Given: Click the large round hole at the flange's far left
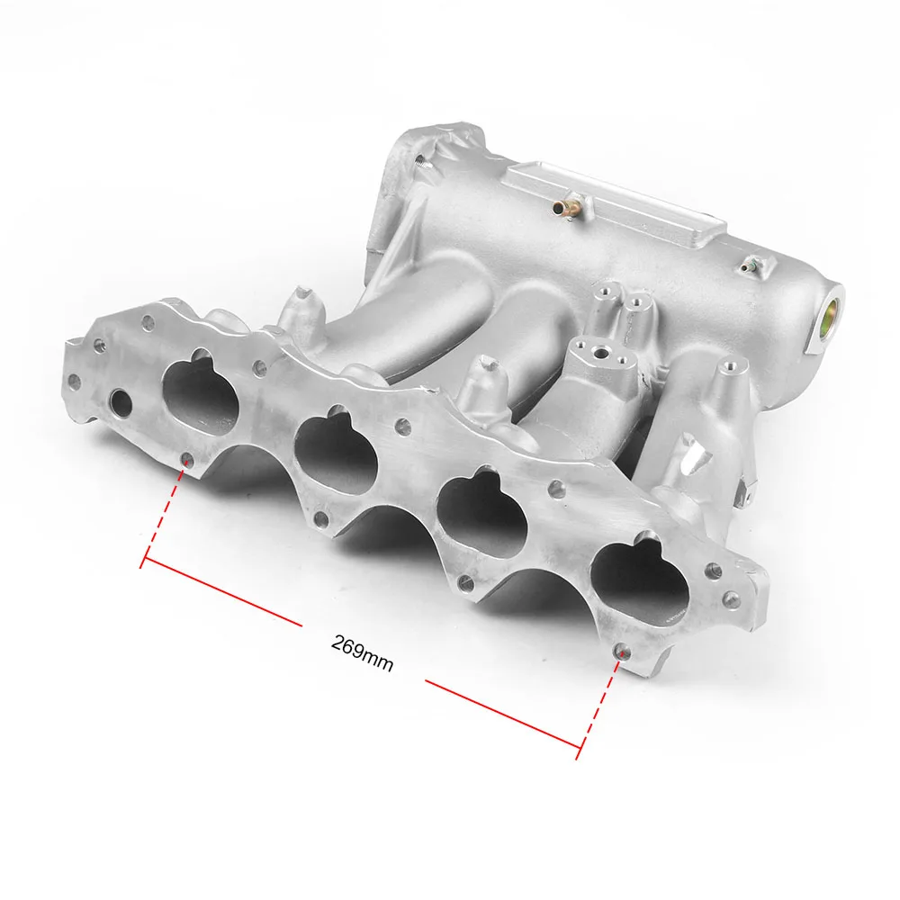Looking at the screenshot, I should (119, 399).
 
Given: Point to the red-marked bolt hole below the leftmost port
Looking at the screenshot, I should (186, 463).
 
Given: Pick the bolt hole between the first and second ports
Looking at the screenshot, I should (260, 367).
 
